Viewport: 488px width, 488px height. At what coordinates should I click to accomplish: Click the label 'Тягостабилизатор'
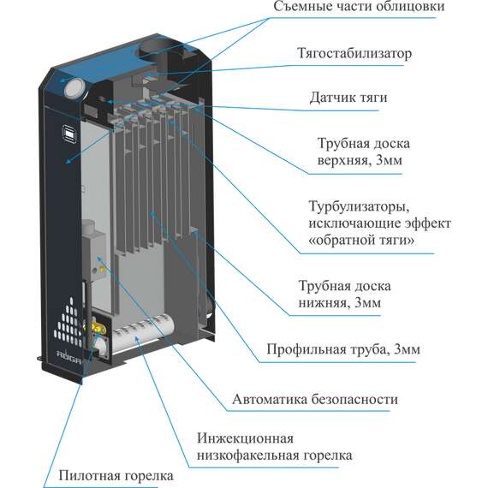pyautogui.click(x=354, y=54)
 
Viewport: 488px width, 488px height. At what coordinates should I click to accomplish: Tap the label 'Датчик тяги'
pyautogui.click(x=348, y=98)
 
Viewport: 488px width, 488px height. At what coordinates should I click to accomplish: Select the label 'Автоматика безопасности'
pyautogui.click(x=315, y=399)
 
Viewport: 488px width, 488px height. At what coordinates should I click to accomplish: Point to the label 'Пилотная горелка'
pyautogui.click(x=116, y=476)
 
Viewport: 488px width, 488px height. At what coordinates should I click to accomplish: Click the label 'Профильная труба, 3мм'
pyautogui.click(x=343, y=349)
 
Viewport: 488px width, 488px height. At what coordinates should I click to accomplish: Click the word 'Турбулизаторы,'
pyautogui.click(x=360, y=206)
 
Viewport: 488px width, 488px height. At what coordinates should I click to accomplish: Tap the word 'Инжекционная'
pyautogui.click(x=245, y=438)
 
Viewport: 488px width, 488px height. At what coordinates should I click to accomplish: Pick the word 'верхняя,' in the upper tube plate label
pyautogui.click(x=344, y=161)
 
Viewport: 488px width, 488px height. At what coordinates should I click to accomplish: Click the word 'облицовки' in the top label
pyautogui.click(x=410, y=7)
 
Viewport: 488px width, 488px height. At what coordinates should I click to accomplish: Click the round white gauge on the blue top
pyautogui.click(x=74, y=87)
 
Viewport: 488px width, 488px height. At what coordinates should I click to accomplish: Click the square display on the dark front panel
pyautogui.click(x=69, y=134)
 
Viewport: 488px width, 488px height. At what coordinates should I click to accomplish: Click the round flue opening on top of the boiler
pyautogui.click(x=154, y=49)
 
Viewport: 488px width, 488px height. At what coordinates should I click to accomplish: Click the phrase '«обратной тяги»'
pyautogui.click(x=361, y=241)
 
